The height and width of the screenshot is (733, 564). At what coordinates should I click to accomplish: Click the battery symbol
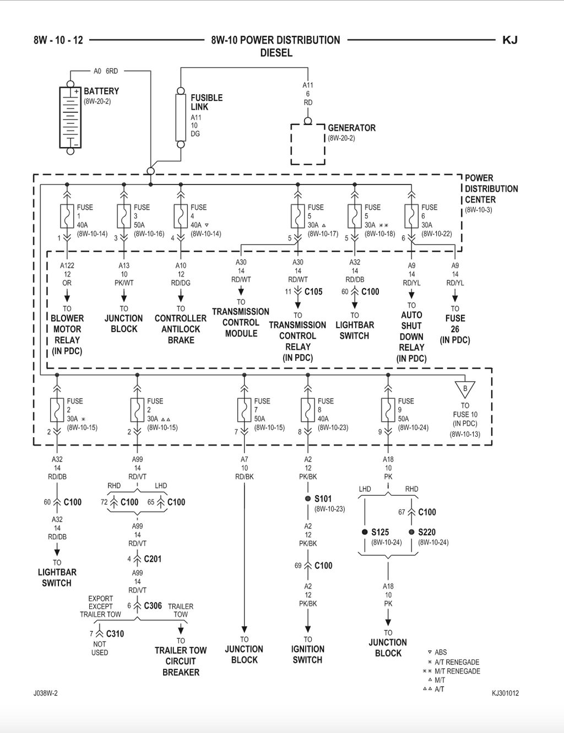(x=70, y=117)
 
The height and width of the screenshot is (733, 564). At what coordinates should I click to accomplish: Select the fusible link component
(x=181, y=118)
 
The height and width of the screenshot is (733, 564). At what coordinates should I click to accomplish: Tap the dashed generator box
(x=308, y=144)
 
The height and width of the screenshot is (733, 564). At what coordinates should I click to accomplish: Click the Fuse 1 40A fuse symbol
(x=67, y=216)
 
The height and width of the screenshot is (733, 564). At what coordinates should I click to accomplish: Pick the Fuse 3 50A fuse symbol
(x=124, y=216)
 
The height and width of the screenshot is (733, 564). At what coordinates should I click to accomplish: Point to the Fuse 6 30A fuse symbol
(x=411, y=216)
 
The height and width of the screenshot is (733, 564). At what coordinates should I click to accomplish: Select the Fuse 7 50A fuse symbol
(x=244, y=410)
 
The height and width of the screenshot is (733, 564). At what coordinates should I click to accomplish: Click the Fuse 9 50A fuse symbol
(x=388, y=410)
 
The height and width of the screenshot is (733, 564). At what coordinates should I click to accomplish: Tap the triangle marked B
(x=465, y=389)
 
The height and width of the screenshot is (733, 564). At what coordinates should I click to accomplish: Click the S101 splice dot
(x=308, y=498)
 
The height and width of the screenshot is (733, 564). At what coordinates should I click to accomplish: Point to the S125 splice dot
(x=365, y=532)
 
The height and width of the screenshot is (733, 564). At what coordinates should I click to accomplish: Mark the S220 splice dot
(x=411, y=532)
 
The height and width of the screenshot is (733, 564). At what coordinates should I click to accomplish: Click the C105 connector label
(x=313, y=292)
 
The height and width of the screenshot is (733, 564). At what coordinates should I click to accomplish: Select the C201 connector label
(x=153, y=559)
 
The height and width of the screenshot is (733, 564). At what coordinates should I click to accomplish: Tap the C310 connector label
(x=115, y=634)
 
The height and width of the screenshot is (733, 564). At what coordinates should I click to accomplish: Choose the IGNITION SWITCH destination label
(x=308, y=654)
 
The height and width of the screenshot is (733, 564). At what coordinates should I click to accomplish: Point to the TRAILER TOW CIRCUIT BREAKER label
(x=181, y=661)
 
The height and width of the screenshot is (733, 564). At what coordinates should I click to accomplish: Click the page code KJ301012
(x=505, y=693)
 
